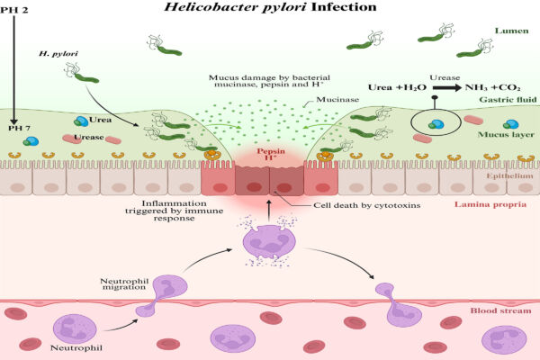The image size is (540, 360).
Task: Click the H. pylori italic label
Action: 58,55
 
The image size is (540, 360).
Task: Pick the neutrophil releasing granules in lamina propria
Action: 270,244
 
